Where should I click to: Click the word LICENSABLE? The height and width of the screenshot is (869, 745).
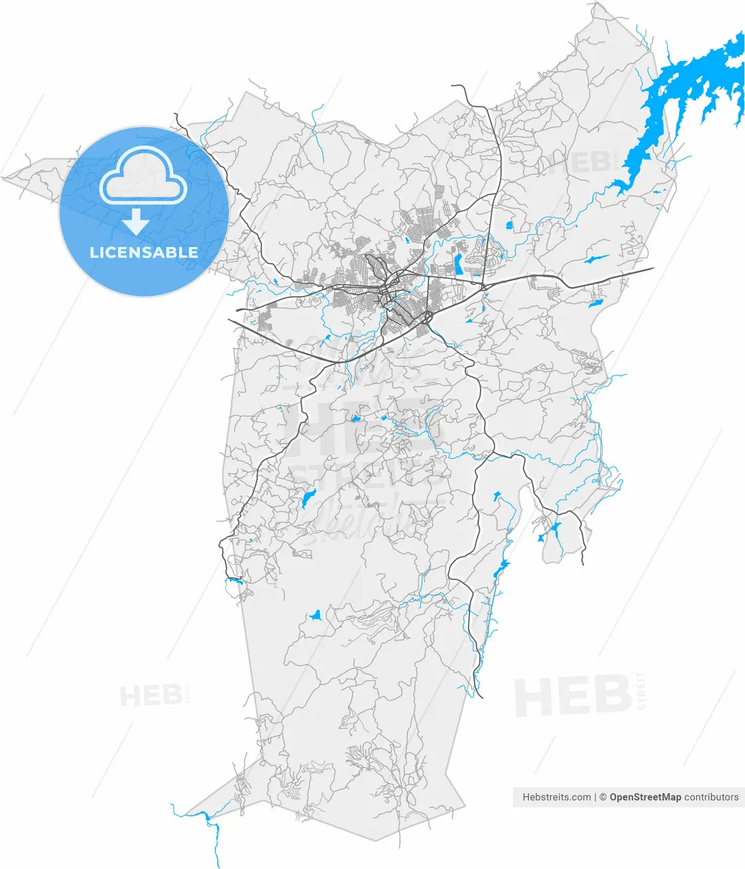click(144, 253)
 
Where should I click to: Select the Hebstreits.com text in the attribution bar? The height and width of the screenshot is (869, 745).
click(556, 797)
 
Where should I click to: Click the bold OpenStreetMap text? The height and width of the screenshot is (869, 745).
click(645, 797)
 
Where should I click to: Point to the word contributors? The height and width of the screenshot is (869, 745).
click(711, 797)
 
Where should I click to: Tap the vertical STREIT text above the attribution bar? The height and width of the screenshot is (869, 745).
click(642, 691)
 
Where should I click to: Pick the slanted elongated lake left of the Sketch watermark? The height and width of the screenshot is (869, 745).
click(309, 499)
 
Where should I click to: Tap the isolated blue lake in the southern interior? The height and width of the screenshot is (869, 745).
click(314, 616)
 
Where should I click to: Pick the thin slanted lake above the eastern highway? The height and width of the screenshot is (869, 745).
click(596, 259)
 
